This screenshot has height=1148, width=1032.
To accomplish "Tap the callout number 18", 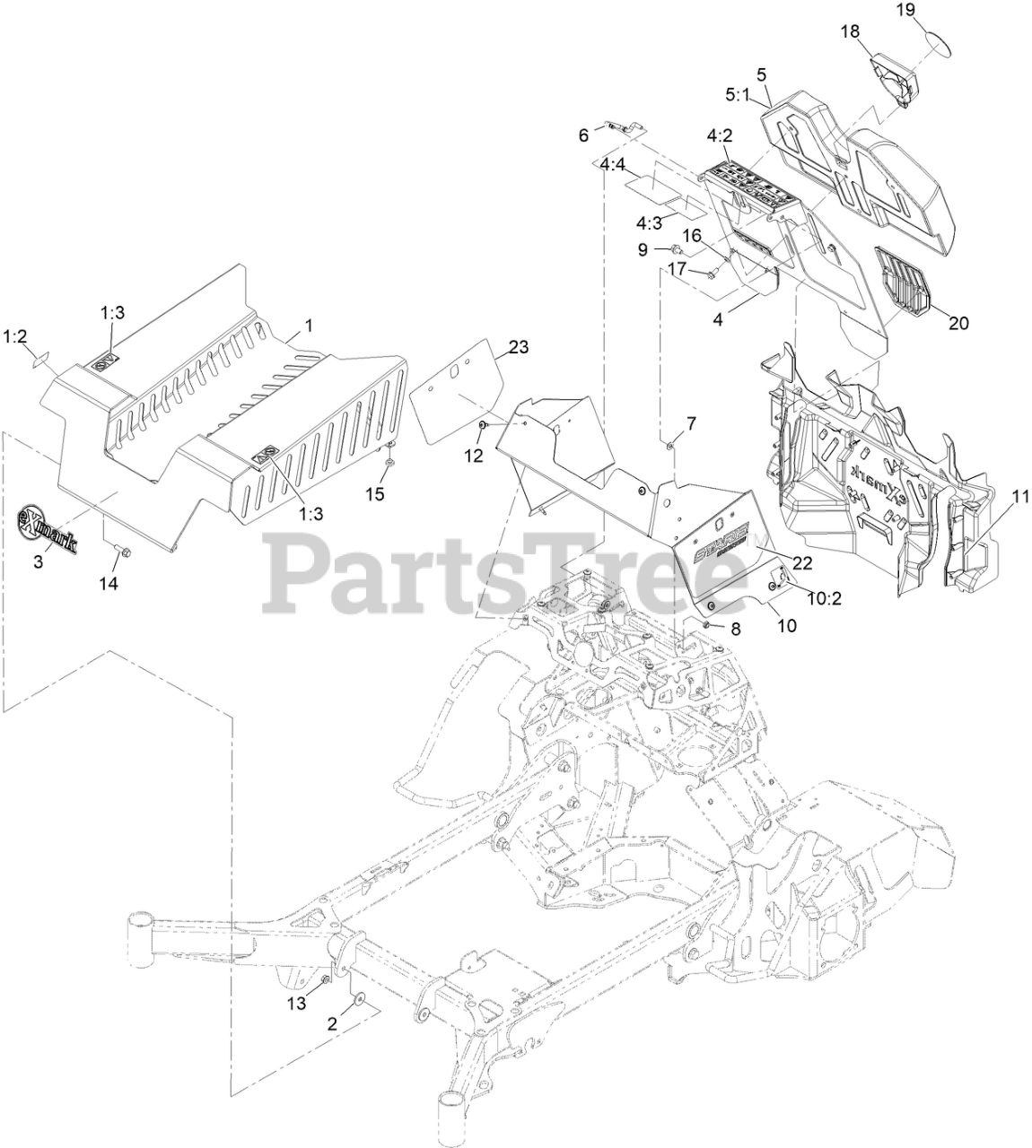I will coord(849,31).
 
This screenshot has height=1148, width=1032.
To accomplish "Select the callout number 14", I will coord(109,582).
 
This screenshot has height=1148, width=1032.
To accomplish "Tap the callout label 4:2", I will coord(720,136).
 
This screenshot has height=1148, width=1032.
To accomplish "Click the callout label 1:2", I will coord(15,336).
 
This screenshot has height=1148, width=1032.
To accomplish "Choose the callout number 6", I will coord(584,135).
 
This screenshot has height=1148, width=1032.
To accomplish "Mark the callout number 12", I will coord(473,456).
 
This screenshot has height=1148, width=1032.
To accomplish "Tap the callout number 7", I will coord(691,422).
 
